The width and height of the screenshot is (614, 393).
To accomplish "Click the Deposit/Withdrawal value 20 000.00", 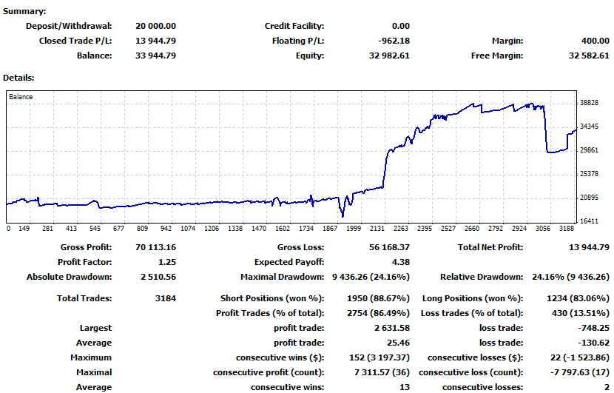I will (155, 26).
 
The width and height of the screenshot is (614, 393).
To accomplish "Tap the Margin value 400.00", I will (594, 41).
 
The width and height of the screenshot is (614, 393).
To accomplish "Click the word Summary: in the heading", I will (24, 11).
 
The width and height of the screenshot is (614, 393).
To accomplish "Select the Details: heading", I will (19, 77).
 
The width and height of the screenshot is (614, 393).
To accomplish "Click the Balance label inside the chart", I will (21, 96).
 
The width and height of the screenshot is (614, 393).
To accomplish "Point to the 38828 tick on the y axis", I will (590, 103).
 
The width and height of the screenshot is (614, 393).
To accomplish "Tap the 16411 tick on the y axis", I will (590, 221).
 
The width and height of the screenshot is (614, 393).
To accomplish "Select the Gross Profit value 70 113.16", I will (155, 247).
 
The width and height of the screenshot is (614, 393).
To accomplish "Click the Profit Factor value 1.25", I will (166, 262).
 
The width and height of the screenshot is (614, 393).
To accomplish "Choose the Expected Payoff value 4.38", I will (401, 262).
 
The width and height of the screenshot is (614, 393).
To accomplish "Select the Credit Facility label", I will (294, 26).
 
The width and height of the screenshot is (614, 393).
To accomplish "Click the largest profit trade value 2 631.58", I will (391, 328).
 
